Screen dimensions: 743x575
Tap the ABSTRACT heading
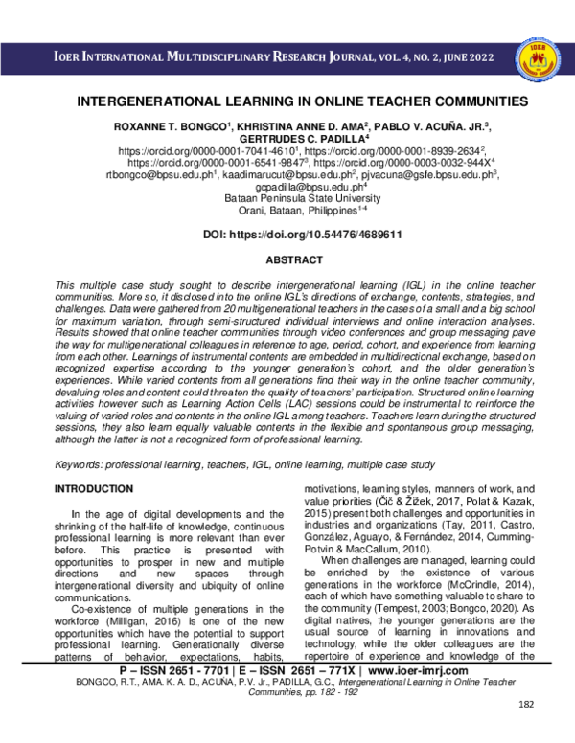[x=287, y=259]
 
